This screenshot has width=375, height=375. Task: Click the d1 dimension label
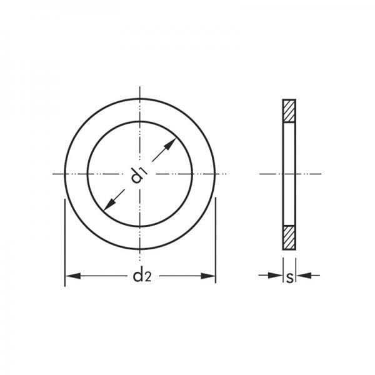pos(139,176)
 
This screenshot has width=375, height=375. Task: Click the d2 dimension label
pos(142,276)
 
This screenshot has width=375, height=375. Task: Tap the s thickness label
pos(289,278)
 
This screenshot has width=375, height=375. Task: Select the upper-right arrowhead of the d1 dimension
pos(170,144)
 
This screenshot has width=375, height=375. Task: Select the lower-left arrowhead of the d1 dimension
pos(110,204)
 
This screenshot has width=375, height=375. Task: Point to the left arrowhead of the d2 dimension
pos(73,276)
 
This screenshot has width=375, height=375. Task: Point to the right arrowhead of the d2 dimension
pos(208,276)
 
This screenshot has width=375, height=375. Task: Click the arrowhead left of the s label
pos(276,275)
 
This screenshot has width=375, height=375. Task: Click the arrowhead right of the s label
pos(304,275)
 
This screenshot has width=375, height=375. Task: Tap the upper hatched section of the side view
pos(289,111)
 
